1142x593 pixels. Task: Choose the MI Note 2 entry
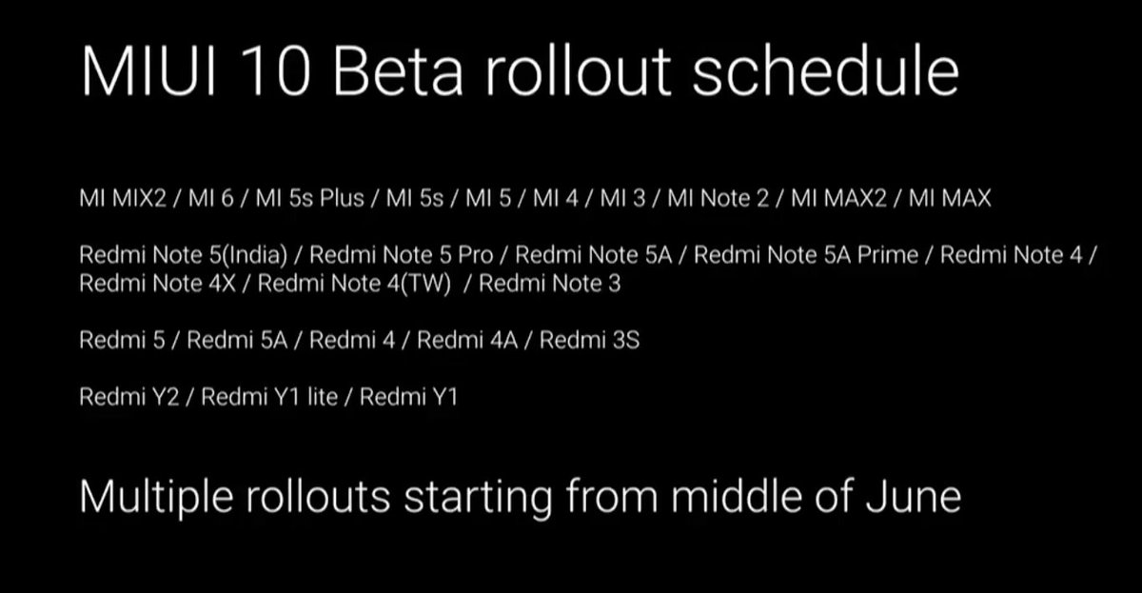coord(718,199)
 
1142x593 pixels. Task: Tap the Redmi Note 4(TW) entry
coord(354,284)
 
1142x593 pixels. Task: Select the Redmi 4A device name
coord(467,340)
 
